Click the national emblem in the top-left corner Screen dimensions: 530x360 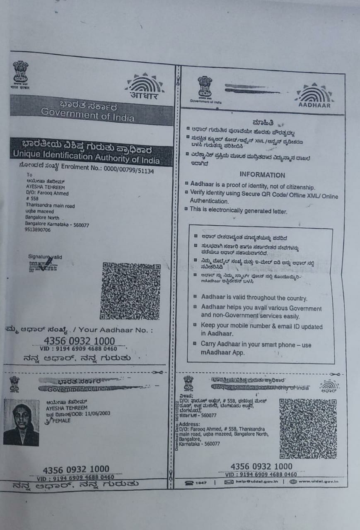20,74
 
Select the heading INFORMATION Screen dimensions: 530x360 262,175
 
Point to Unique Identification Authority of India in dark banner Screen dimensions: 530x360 86,157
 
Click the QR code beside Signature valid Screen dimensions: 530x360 130,291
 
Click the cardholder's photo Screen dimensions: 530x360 21,422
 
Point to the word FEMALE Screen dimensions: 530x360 60,420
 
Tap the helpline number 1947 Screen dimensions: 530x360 201,483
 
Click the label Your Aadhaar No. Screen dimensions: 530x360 115,330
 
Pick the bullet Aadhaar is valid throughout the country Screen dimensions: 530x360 254,298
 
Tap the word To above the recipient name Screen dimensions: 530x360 29,175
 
